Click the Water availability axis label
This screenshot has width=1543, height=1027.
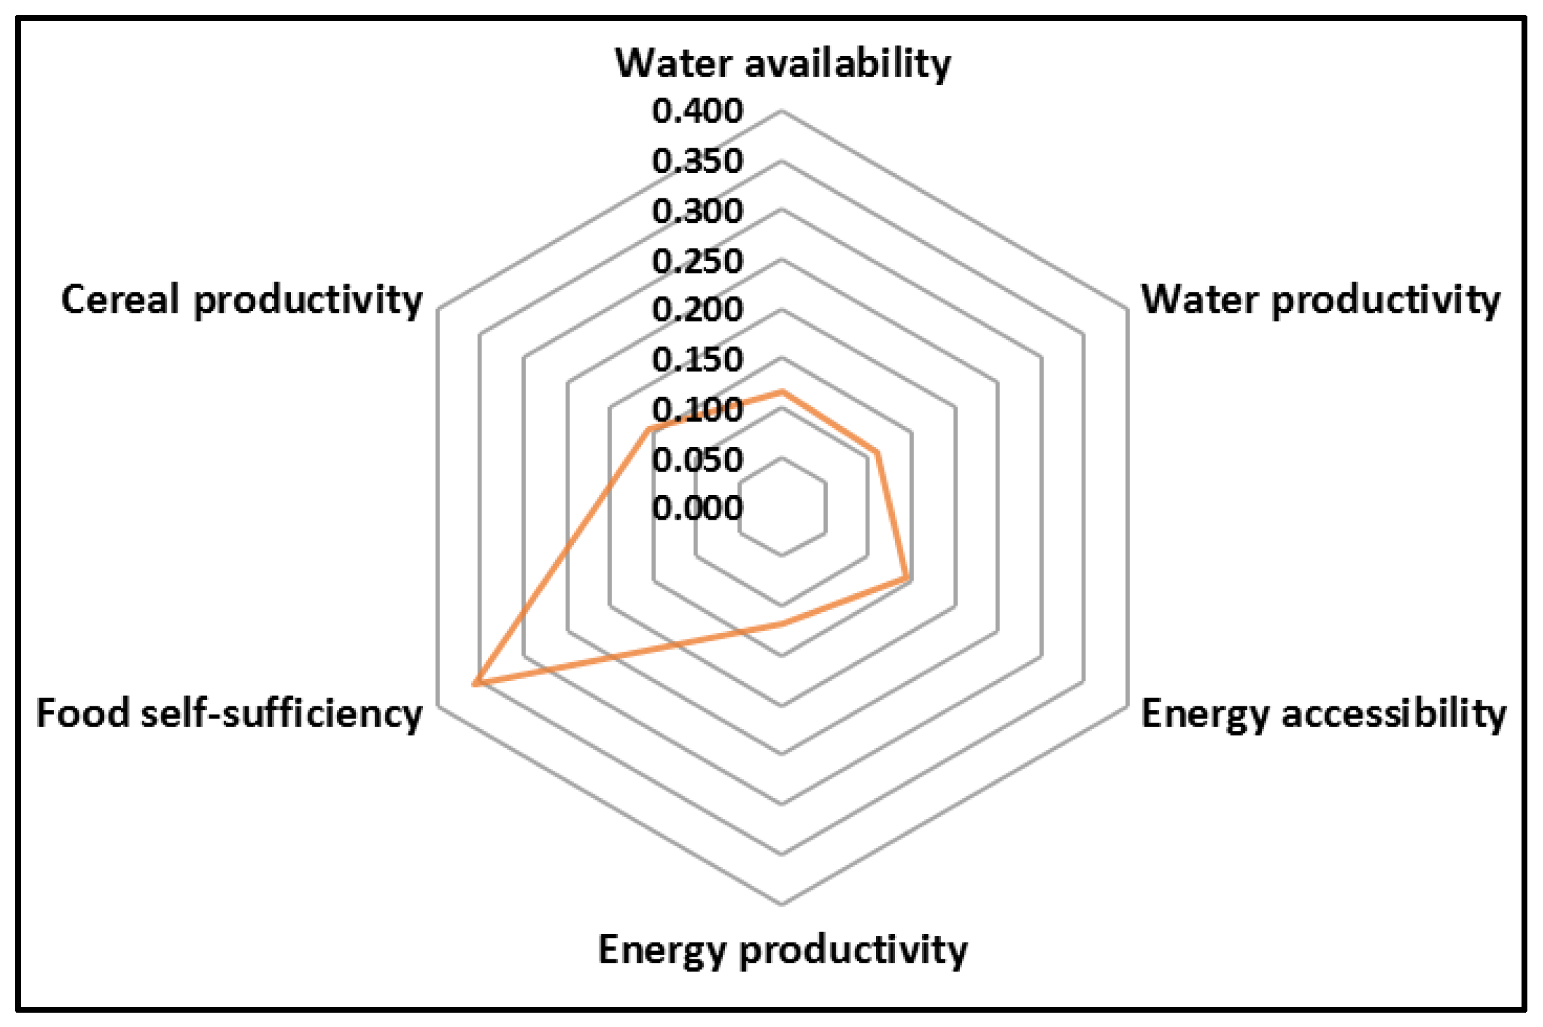click(x=782, y=64)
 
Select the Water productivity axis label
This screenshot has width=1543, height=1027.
click(x=1321, y=300)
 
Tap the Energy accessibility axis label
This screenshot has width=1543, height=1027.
click(x=1324, y=714)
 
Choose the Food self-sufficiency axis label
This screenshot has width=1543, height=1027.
click(x=229, y=714)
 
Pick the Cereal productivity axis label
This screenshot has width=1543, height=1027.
click(x=242, y=300)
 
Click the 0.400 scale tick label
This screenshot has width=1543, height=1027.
click(x=697, y=111)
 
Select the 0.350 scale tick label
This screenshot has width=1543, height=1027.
click(x=697, y=161)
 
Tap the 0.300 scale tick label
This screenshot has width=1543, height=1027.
click(x=697, y=210)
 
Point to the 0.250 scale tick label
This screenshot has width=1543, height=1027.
click(x=697, y=261)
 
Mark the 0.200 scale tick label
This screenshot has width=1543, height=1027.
click(x=697, y=309)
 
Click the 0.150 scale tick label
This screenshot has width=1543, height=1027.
click(x=697, y=359)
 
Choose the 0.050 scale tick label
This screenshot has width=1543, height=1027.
click(x=697, y=459)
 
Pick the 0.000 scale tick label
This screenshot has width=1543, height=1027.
click(x=697, y=507)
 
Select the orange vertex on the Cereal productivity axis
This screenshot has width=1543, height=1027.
click(x=648, y=430)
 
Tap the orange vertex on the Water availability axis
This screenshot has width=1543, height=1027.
click(x=781, y=392)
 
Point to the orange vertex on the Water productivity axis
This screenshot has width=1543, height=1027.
click(x=877, y=452)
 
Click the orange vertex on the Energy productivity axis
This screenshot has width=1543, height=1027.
click(x=781, y=624)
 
